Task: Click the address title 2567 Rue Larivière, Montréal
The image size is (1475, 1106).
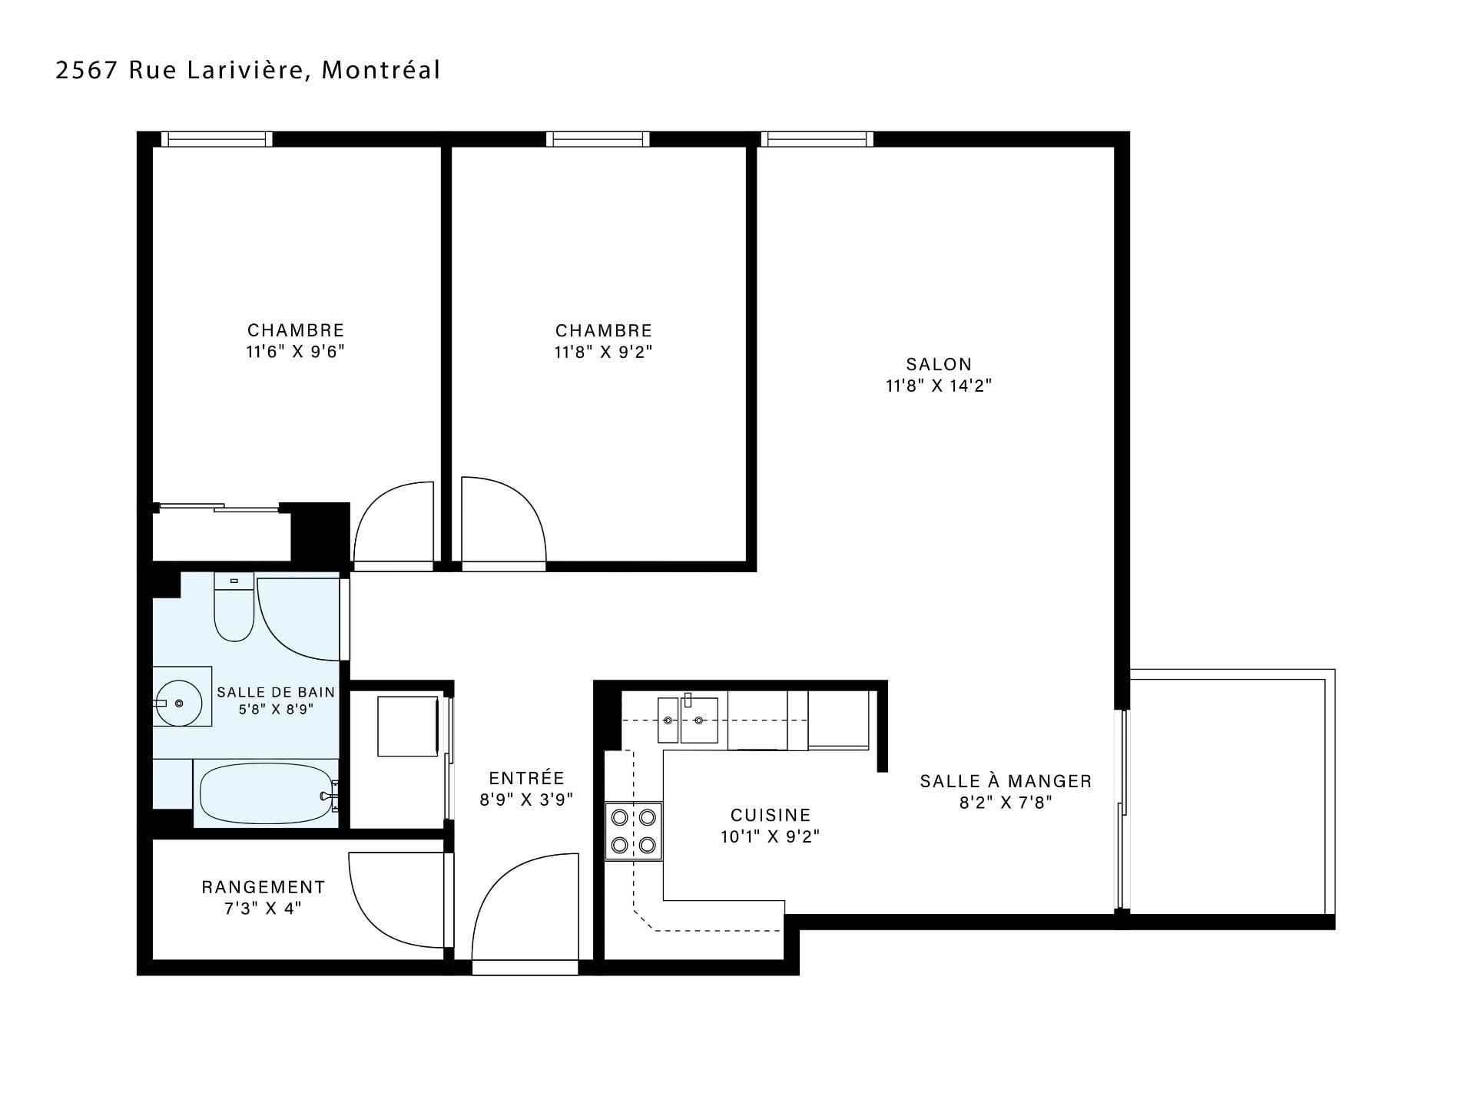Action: tap(248, 70)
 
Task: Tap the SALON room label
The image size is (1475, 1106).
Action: tap(939, 364)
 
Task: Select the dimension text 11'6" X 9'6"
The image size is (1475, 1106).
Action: tap(296, 352)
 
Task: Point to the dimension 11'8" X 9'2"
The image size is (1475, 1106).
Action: tap(604, 352)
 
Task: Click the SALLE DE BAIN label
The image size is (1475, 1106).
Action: tap(276, 692)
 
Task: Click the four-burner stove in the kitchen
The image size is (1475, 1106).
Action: tap(634, 830)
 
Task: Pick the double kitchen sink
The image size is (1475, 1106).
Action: tap(688, 720)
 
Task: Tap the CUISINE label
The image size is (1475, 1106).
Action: tap(771, 815)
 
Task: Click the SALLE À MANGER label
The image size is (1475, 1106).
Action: tap(1006, 781)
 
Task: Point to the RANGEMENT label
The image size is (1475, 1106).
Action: tap(264, 887)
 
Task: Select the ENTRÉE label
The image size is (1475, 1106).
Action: tap(527, 778)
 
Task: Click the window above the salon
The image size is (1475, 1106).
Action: tap(817, 139)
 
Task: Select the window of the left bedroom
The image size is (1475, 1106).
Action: tap(217, 139)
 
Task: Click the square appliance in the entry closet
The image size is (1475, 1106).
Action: tap(408, 726)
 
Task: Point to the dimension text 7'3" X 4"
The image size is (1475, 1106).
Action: tap(264, 909)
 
